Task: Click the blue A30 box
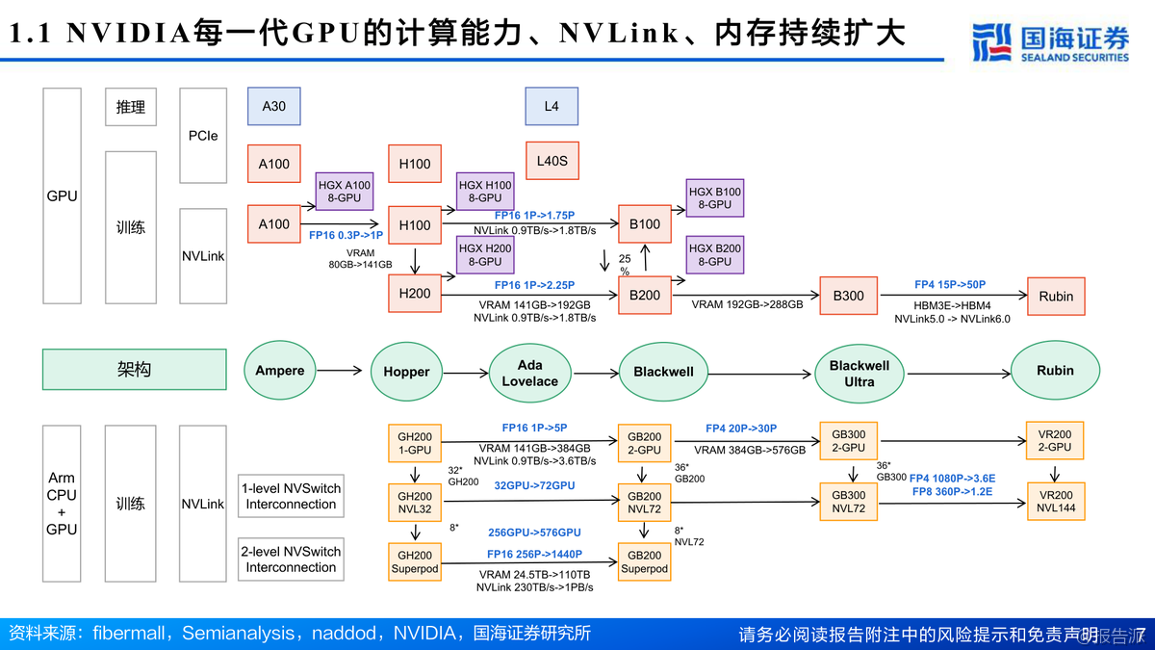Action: pyautogui.click(x=273, y=106)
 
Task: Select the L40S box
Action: pyautogui.click(x=552, y=161)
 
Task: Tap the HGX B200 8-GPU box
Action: pyautogui.click(x=714, y=255)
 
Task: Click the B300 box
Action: pyautogui.click(x=848, y=296)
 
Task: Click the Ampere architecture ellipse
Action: pyautogui.click(x=280, y=371)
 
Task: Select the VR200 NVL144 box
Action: pyautogui.click(x=1056, y=501)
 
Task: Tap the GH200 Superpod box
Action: pyautogui.click(x=415, y=562)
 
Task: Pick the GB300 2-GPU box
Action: pyautogui.click(x=848, y=441)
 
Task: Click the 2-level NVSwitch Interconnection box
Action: pyautogui.click(x=291, y=559)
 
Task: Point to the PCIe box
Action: pyautogui.click(x=203, y=136)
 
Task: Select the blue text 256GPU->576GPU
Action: pyautogui.click(x=534, y=533)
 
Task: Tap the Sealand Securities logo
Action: pyautogui.click(x=1050, y=43)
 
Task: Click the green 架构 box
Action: pyautogui.click(x=133, y=370)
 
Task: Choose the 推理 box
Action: pyautogui.click(x=130, y=107)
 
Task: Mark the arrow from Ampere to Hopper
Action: pyautogui.click(x=343, y=371)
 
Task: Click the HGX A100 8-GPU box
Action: pyautogui.click(x=344, y=191)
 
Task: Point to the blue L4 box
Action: pyautogui.click(x=551, y=106)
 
